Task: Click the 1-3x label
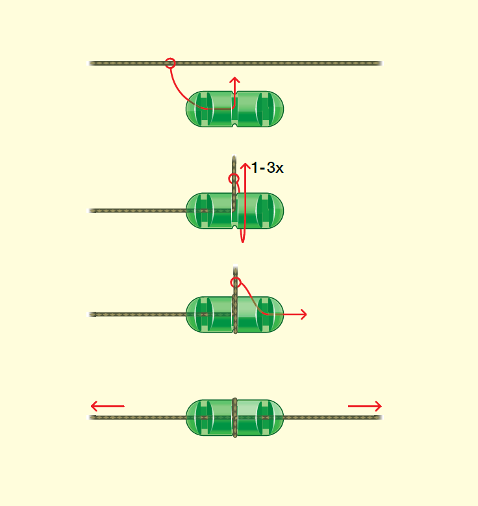(x=267, y=168)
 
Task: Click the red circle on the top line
(x=170, y=63)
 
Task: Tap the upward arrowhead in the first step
(x=235, y=80)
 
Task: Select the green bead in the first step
(x=234, y=108)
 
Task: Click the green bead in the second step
(x=234, y=210)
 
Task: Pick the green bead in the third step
(x=234, y=314)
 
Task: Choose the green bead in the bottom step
(x=234, y=417)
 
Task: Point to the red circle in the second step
(x=234, y=179)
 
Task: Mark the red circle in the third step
(x=236, y=283)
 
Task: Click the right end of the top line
(x=379, y=63)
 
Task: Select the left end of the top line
(x=91, y=63)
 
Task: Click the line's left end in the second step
(x=91, y=210)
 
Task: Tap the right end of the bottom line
(x=379, y=417)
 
